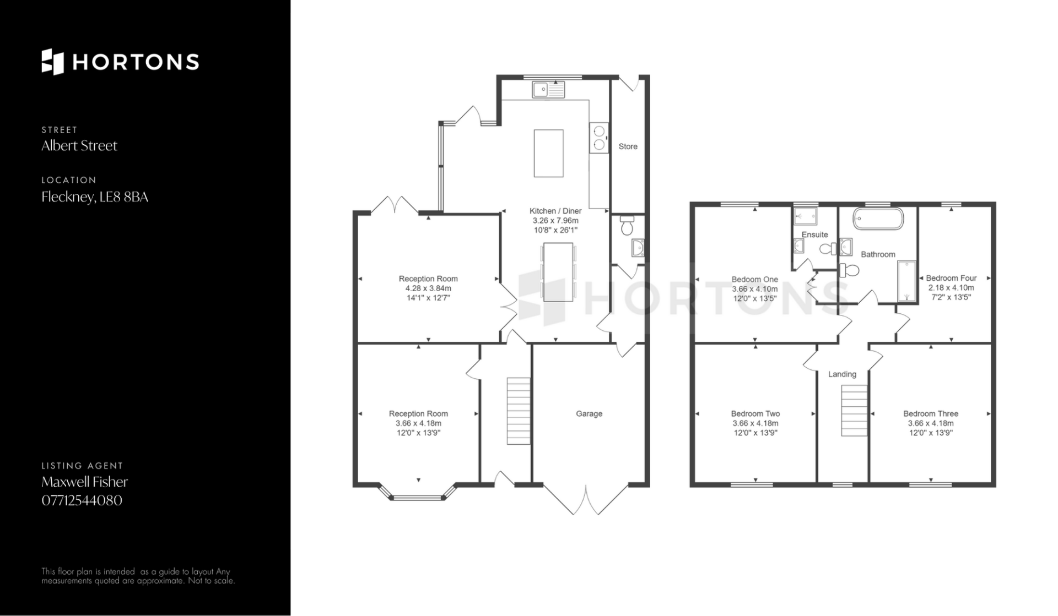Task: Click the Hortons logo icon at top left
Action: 53,62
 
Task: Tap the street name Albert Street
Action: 79,146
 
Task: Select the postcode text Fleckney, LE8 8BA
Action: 95,197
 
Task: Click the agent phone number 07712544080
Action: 82,500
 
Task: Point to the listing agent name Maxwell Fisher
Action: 85,482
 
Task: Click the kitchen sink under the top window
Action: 548,89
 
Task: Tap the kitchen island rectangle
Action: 549,153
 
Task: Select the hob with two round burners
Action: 599,138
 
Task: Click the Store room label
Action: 628,146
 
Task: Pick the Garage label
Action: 589,413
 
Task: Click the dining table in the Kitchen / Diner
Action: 558,272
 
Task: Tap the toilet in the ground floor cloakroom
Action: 627,226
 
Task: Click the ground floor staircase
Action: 519,411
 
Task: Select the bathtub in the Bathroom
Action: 878,219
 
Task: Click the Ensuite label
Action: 815,235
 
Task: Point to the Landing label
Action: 843,374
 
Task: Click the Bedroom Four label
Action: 952,278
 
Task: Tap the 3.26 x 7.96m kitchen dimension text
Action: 555,220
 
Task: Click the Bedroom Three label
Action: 931,413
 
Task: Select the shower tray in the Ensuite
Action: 805,216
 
